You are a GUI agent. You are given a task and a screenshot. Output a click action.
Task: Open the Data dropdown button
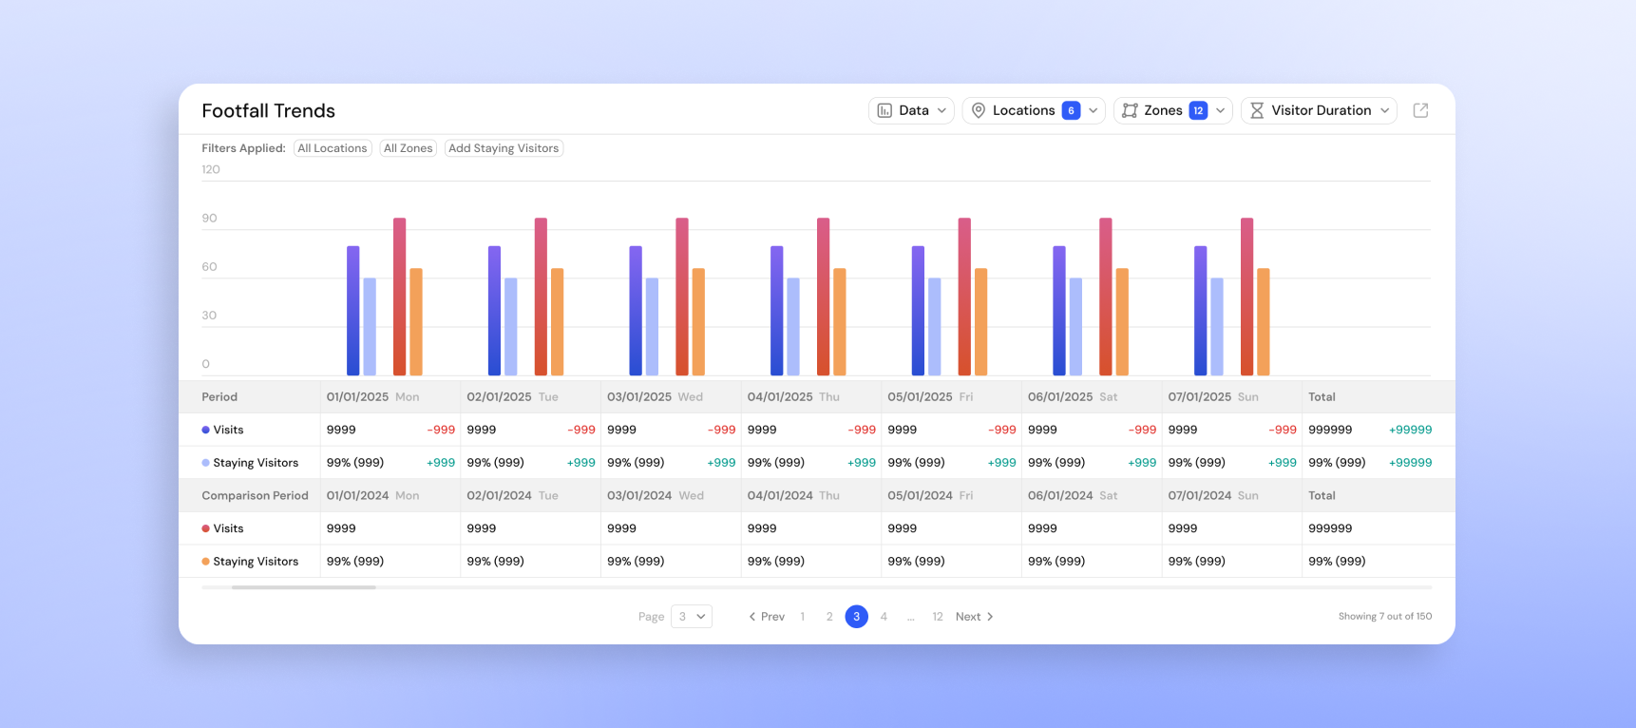(911, 110)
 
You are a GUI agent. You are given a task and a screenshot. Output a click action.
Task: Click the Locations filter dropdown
(1034, 110)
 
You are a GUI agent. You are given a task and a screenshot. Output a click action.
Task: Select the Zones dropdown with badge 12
(1173, 110)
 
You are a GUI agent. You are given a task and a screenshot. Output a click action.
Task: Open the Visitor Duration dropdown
(1319, 110)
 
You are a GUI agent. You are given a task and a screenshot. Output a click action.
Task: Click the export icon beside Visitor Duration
(1421, 110)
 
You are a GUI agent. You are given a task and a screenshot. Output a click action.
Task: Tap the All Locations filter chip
(333, 148)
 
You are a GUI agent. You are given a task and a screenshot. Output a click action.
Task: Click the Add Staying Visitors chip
(504, 148)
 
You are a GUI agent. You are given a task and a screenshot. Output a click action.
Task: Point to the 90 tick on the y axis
(209, 218)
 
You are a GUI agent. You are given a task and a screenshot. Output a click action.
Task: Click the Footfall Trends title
(269, 110)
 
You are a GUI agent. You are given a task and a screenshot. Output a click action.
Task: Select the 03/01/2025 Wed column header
(656, 397)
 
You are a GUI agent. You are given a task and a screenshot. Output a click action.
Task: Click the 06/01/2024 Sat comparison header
(1073, 496)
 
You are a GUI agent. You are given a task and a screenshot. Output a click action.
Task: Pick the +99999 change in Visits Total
(1410, 430)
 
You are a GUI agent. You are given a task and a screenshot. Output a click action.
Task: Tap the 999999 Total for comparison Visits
(1330, 528)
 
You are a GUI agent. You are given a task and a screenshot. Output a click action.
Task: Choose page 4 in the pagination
(884, 617)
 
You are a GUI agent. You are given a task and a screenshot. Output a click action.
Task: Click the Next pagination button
(975, 617)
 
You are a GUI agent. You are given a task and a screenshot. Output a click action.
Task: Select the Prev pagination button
(767, 617)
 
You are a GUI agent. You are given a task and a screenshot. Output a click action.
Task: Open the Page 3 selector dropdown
(692, 617)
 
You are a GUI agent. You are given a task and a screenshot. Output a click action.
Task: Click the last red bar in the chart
(1247, 297)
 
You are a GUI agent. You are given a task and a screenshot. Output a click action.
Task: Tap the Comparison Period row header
(255, 496)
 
